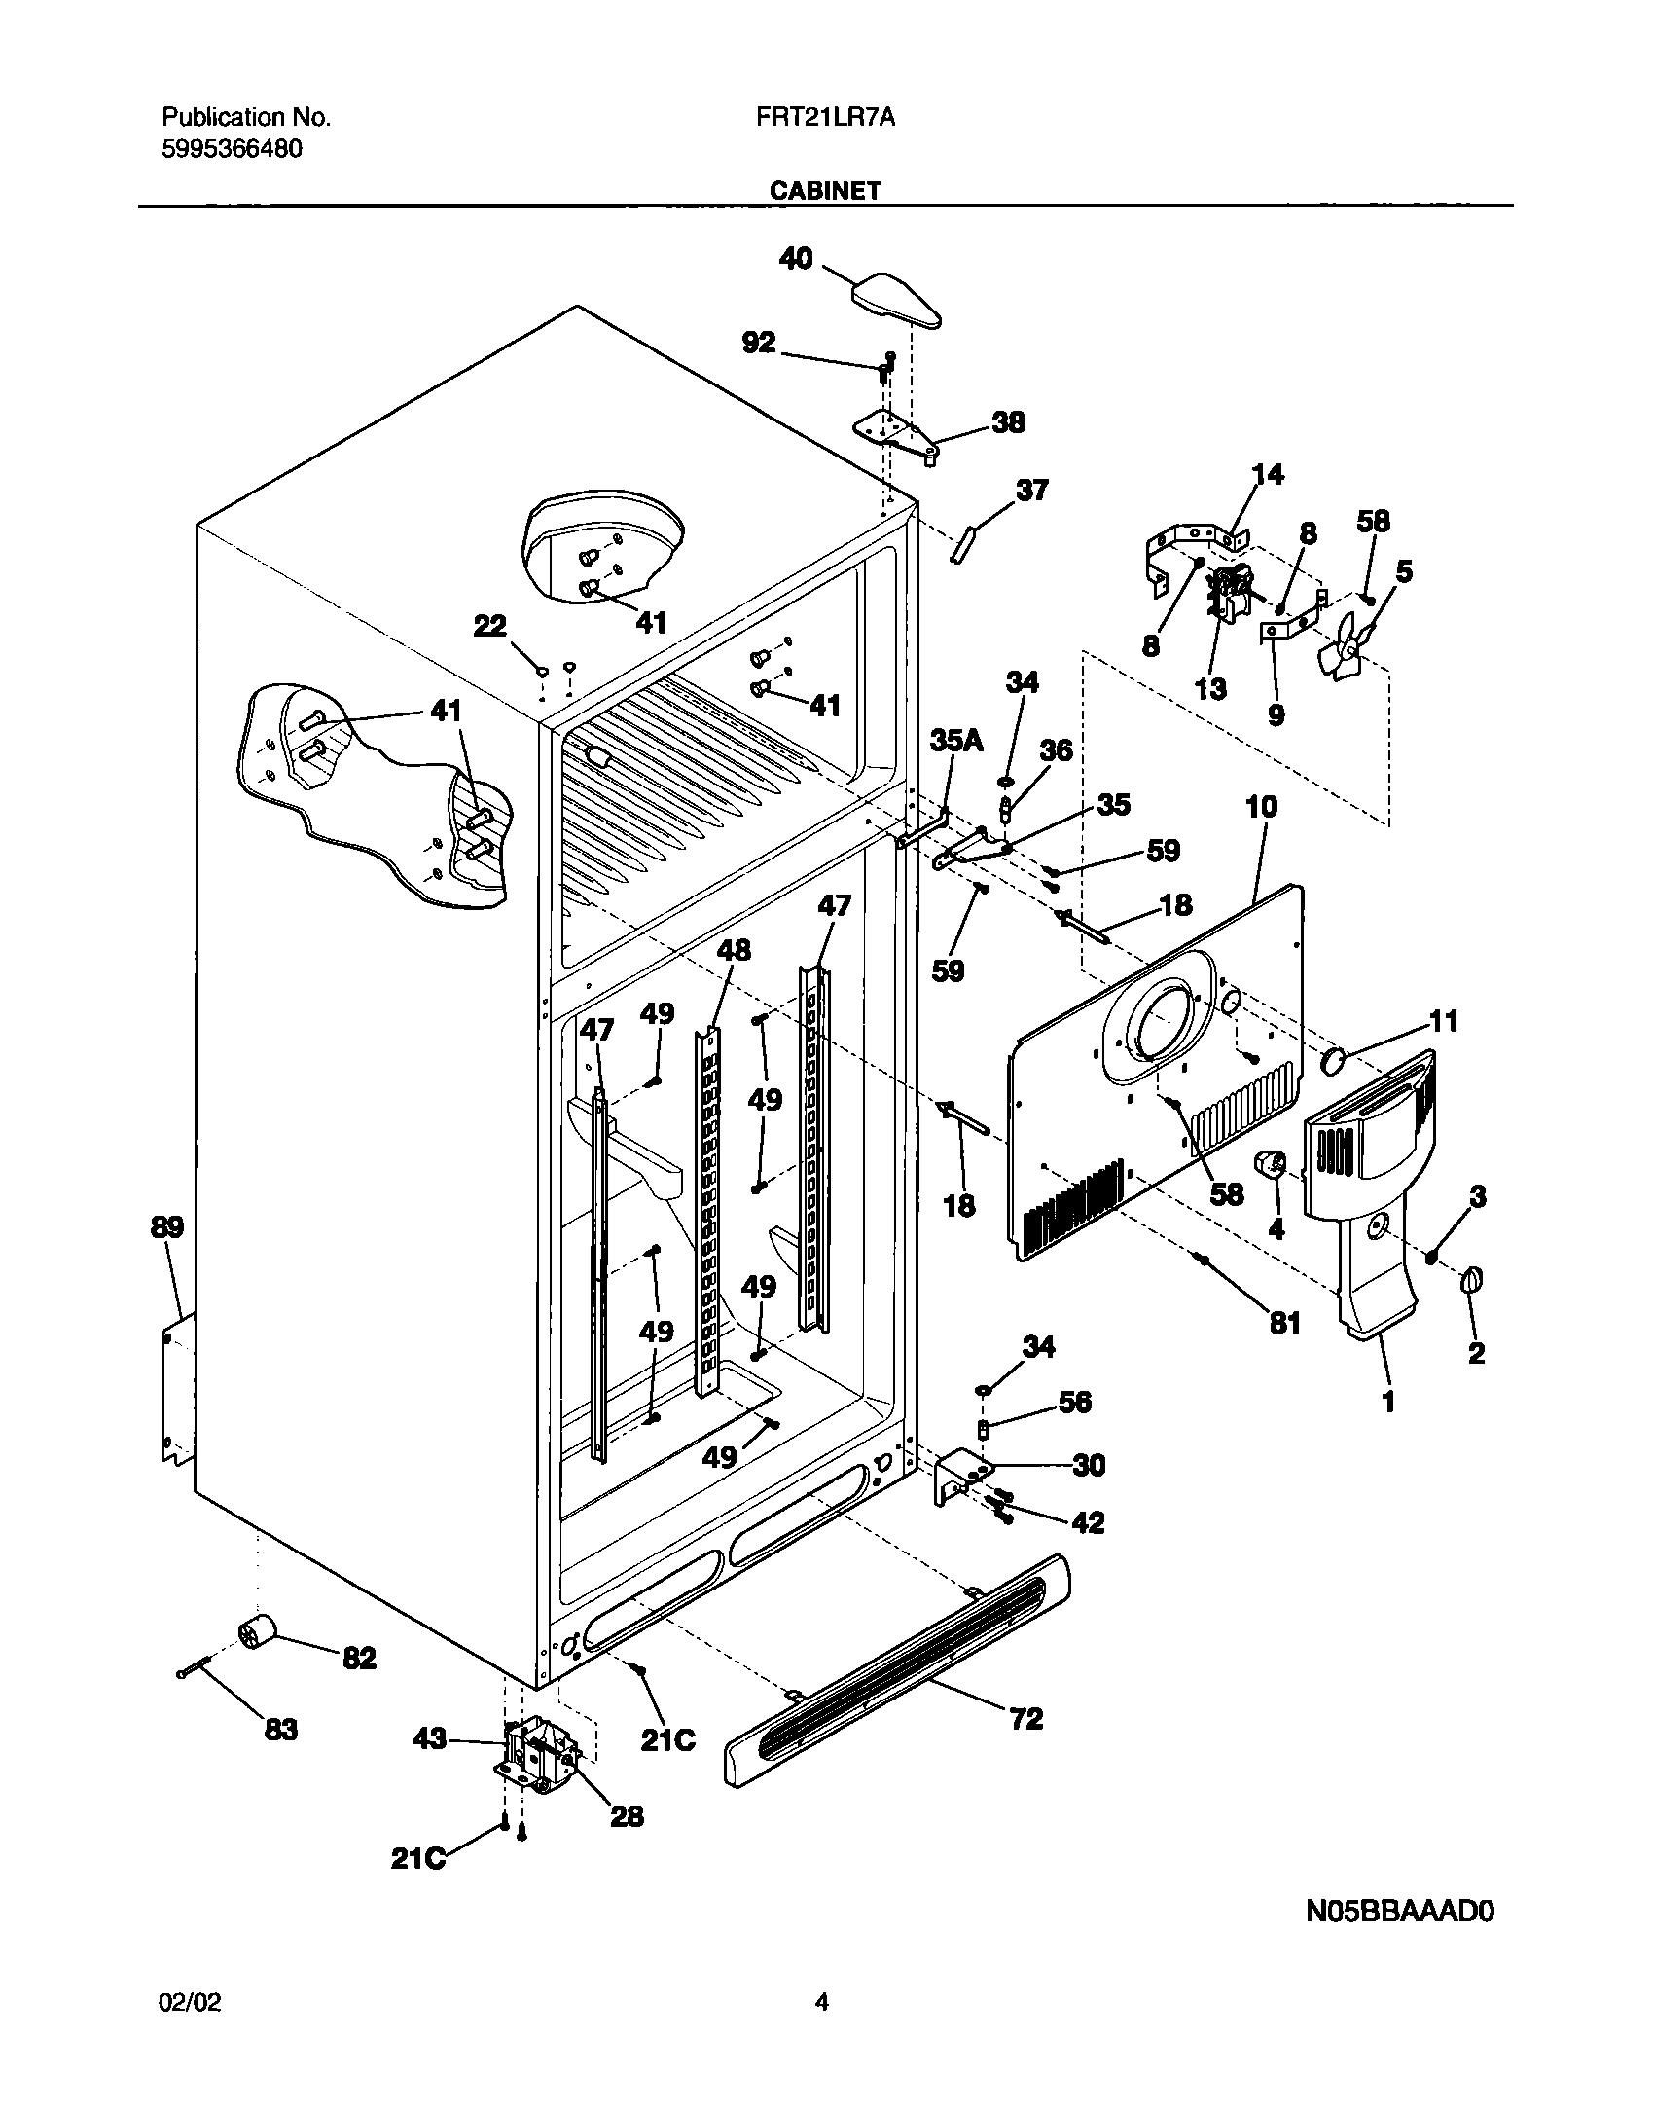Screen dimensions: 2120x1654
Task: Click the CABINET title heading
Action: pos(825,191)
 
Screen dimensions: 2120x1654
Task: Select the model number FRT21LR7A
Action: pos(825,118)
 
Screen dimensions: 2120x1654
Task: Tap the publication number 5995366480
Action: pos(232,149)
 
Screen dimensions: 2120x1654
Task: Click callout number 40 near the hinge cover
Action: pos(796,259)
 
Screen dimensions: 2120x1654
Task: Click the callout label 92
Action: pos(759,343)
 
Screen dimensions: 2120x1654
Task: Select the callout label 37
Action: pos(1031,490)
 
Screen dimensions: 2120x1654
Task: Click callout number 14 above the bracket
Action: pos(1267,474)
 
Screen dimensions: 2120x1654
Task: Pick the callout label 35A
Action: pos(955,742)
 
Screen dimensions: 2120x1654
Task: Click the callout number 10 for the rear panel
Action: pos(1261,807)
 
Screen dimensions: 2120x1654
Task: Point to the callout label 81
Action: pos(1285,1323)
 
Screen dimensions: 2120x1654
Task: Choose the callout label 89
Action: pos(167,1227)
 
